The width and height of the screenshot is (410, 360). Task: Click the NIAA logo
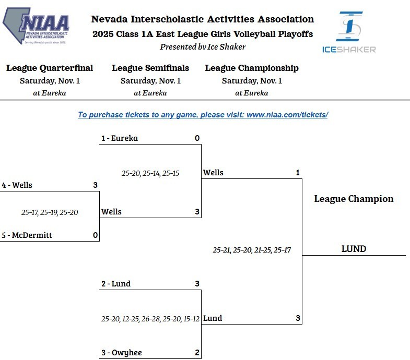click(x=36, y=26)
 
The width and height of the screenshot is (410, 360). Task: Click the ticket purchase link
click(x=203, y=115)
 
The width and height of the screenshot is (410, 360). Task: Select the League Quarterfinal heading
click(x=50, y=68)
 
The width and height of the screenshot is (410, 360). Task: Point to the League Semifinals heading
click(x=150, y=68)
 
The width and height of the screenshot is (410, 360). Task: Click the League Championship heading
click(x=252, y=68)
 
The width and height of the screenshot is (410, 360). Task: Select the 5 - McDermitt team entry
click(x=27, y=235)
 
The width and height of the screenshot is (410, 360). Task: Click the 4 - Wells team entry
click(x=17, y=185)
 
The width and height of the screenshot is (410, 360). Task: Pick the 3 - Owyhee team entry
click(x=121, y=353)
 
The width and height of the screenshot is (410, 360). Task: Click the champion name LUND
click(x=354, y=249)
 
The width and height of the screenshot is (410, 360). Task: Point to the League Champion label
click(x=354, y=199)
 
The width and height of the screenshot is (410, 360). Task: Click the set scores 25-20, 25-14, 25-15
click(x=150, y=173)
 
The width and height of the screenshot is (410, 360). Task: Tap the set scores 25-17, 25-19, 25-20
click(x=50, y=212)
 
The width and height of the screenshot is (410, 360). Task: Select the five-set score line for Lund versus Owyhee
click(x=150, y=318)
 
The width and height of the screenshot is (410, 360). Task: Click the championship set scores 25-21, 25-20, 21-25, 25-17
click(x=252, y=250)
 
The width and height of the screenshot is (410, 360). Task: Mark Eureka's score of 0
click(x=197, y=138)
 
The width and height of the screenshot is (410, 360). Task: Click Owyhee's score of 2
click(x=197, y=353)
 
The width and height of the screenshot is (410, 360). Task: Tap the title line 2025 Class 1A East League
click(x=203, y=34)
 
